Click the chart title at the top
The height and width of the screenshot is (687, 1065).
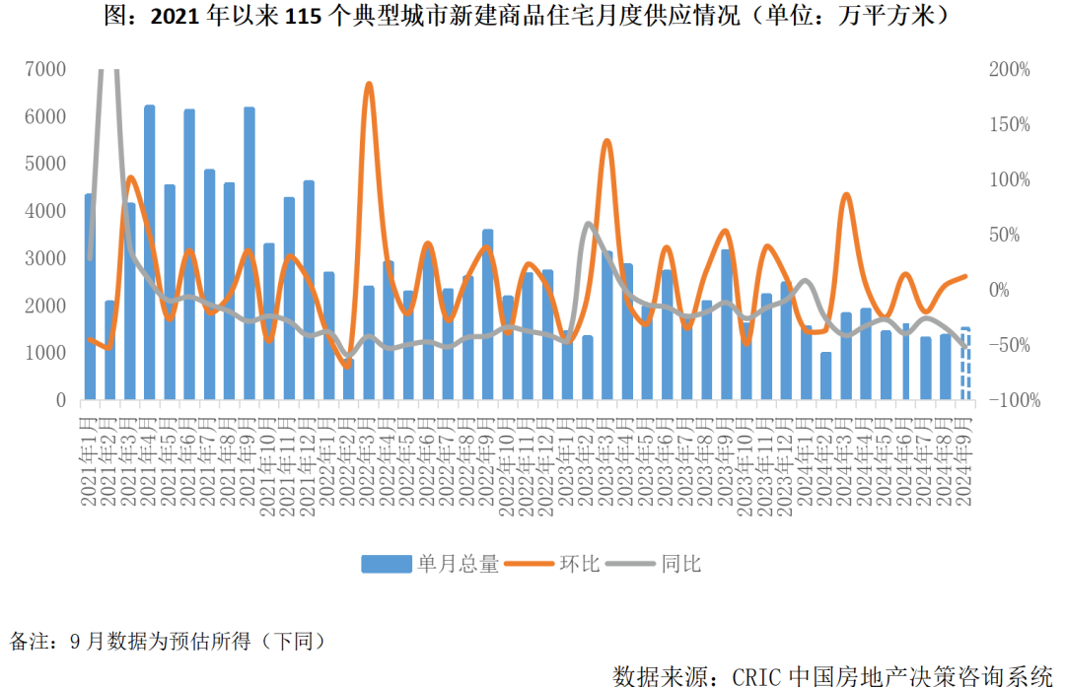click(532, 17)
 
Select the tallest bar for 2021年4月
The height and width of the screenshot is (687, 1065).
click(150, 251)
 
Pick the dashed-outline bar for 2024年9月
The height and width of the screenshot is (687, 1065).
click(965, 364)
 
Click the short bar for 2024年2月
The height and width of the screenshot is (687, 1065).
click(826, 376)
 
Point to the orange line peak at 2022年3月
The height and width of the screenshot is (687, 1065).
click(369, 85)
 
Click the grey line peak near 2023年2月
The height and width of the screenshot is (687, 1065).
click(588, 224)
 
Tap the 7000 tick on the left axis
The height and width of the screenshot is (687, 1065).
click(46, 69)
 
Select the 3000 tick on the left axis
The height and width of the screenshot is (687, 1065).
click(46, 258)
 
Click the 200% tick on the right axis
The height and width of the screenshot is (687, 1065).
click(1010, 69)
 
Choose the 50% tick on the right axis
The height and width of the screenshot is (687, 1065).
click(1010, 235)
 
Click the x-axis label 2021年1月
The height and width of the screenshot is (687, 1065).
click(89, 458)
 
